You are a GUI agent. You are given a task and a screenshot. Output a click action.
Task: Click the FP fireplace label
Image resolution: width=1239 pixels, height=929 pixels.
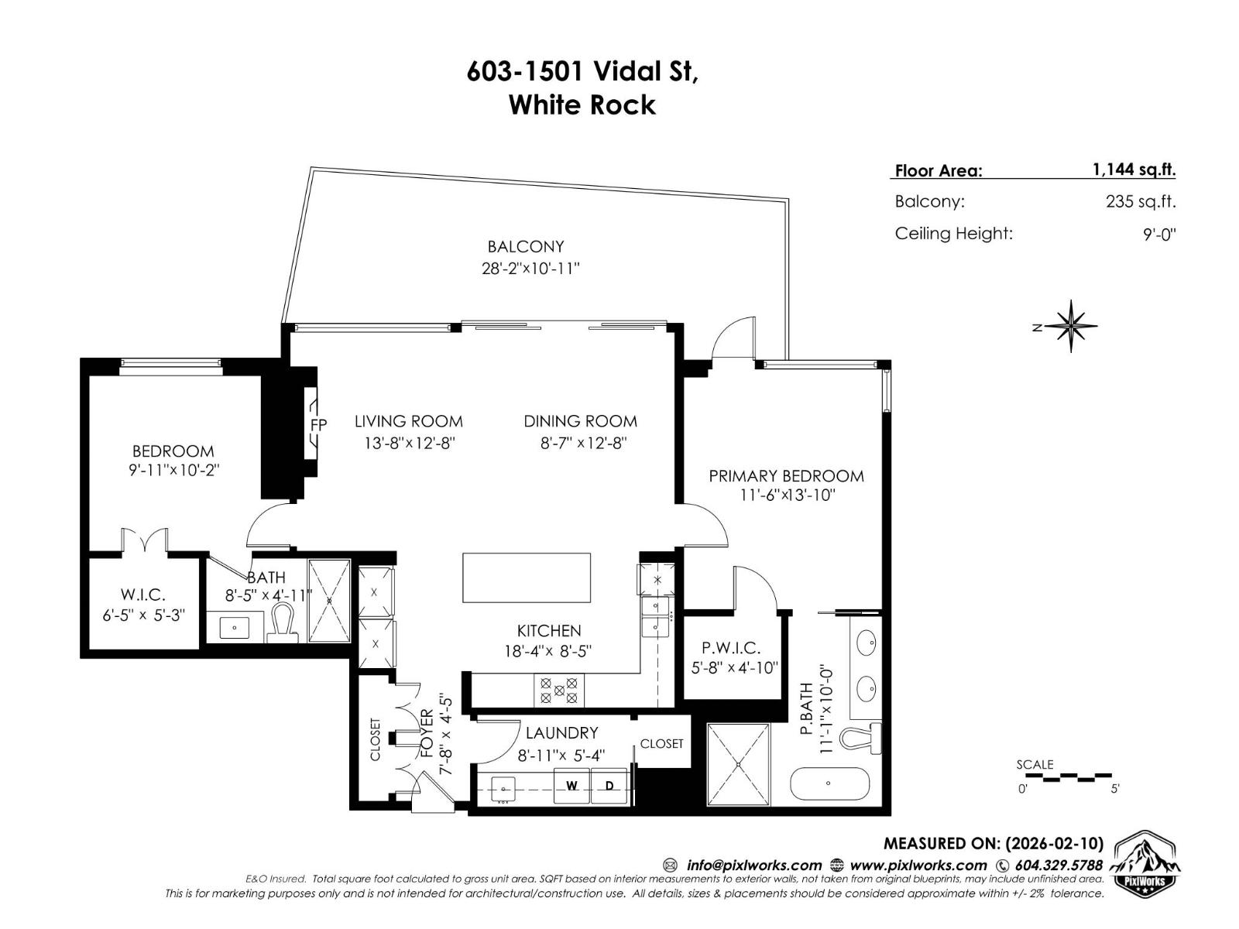[318, 424]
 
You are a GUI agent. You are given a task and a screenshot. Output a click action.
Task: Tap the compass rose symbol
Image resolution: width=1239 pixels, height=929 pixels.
[1071, 326]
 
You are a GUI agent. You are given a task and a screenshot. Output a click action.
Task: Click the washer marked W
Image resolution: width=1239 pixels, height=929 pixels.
[572, 786]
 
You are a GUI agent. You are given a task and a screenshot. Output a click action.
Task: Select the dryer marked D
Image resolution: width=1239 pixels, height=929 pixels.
[609, 786]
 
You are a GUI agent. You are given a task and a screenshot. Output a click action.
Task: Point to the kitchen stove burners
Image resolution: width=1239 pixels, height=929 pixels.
[558, 690]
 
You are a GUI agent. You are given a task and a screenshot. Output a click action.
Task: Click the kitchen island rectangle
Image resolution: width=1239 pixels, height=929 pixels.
[527, 578]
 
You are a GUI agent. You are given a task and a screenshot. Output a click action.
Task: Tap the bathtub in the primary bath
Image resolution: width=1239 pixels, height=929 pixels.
[829, 783]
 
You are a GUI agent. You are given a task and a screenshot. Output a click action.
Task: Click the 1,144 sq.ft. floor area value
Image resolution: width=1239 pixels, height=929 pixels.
[1134, 170]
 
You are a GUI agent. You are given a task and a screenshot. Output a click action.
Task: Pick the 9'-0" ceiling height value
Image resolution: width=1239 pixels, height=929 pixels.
[1158, 234]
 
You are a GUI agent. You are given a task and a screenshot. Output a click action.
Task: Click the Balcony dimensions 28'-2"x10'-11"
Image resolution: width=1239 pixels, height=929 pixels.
[530, 269]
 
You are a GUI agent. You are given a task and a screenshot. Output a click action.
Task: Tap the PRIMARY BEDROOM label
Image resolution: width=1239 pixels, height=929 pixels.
[786, 476]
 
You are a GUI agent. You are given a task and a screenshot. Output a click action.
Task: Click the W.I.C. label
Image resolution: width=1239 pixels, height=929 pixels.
[143, 595]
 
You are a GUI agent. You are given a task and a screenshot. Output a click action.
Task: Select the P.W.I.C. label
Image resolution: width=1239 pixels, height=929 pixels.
[731, 648]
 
